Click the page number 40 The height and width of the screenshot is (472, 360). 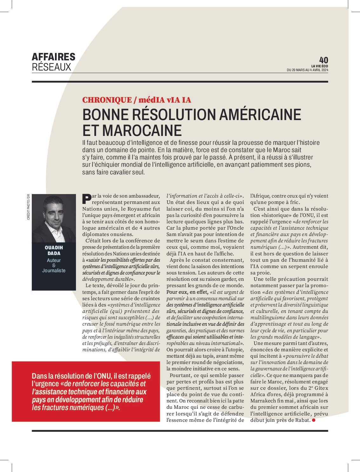323,60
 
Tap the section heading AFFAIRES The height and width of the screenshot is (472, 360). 53,57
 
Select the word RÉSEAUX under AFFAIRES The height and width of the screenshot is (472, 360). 51,67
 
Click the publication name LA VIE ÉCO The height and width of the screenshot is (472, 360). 320,66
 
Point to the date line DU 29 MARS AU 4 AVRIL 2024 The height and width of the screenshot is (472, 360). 307,70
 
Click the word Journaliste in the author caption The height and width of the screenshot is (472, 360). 54,271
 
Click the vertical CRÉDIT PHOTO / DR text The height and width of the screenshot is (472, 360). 28,207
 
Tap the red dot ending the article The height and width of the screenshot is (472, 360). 314,420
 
